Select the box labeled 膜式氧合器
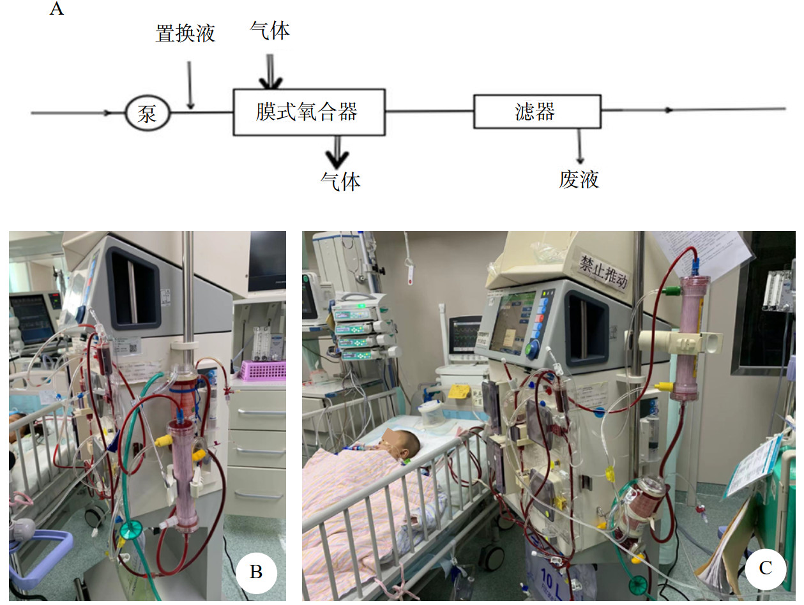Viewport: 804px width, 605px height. [309, 112]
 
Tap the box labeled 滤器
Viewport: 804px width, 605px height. [536, 112]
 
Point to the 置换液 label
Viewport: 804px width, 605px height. [185, 34]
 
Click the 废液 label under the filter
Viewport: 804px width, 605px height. [579, 179]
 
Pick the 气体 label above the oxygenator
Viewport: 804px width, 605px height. [270, 31]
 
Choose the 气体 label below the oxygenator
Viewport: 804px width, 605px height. [340, 181]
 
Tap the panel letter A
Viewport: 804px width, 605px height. [56, 10]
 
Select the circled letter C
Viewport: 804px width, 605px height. [765, 567]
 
